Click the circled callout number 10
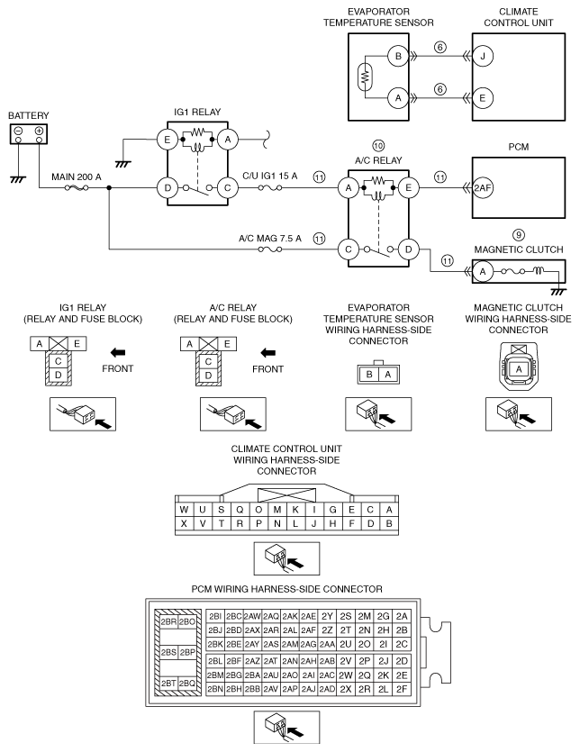coord(378,146)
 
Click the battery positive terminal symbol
coord(39,132)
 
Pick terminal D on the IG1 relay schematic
coord(168,188)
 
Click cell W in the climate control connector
coord(184,509)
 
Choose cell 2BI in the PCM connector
coord(214,615)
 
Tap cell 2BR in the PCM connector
coord(168,621)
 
